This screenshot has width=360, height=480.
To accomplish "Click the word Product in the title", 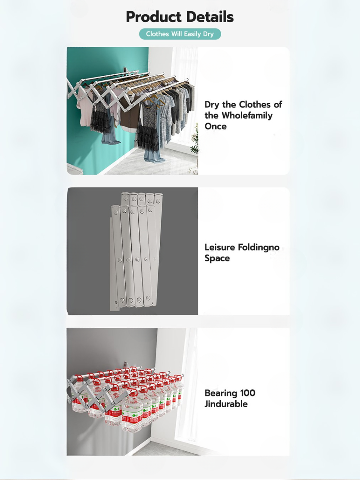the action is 154,17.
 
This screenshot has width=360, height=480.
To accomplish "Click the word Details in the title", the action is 210,17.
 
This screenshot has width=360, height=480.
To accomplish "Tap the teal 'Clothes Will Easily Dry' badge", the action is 180,34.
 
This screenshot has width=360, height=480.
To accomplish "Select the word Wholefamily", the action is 247,115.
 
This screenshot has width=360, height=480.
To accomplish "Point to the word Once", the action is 215,126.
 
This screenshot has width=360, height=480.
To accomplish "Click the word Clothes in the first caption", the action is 255,105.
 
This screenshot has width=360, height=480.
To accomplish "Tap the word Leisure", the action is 219,247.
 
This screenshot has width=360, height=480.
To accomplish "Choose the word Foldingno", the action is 259,248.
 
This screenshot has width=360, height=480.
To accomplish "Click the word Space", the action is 217,258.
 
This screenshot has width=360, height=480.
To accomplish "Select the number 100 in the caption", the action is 247,393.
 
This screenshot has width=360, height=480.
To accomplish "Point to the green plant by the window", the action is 195,140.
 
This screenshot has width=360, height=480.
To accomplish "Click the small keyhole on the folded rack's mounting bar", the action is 116,303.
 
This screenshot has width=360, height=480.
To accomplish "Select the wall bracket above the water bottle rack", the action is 126,364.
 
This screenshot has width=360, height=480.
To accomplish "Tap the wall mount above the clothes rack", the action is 124,70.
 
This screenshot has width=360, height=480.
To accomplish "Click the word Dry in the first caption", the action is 212,105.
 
